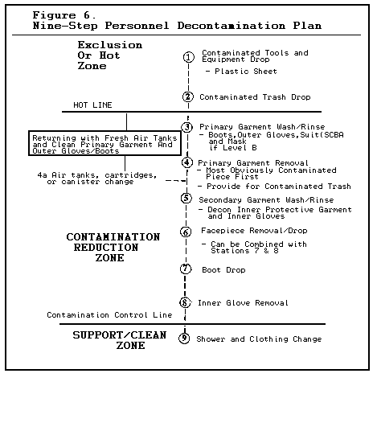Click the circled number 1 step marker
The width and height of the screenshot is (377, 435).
point(189,57)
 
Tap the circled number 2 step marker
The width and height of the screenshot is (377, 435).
point(188,96)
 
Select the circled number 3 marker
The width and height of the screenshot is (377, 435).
point(187,127)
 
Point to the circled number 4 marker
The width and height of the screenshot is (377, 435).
point(187,162)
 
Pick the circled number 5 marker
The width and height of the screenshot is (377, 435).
point(186,199)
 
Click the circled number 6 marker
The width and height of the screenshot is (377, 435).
point(186,232)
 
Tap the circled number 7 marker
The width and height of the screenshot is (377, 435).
point(186,269)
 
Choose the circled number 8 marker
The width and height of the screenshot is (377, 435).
point(185,302)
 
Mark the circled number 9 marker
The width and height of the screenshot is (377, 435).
point(184,339)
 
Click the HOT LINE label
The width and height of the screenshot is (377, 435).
point(92,105)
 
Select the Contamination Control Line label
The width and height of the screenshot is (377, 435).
point(109,315)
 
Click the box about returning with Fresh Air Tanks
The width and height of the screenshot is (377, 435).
point(104,143)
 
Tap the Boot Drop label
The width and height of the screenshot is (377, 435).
point(223,270)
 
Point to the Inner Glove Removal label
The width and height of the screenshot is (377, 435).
point(243,302)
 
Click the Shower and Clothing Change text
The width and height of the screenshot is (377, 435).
point(259,339)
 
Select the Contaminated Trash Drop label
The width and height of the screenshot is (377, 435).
point(255,97)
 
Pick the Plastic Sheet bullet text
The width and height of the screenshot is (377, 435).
point(241,72)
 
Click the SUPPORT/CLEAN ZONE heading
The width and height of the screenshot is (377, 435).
point(120,340)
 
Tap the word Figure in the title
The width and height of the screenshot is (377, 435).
point(54,15)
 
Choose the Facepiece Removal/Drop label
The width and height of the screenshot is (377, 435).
point(254,231)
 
